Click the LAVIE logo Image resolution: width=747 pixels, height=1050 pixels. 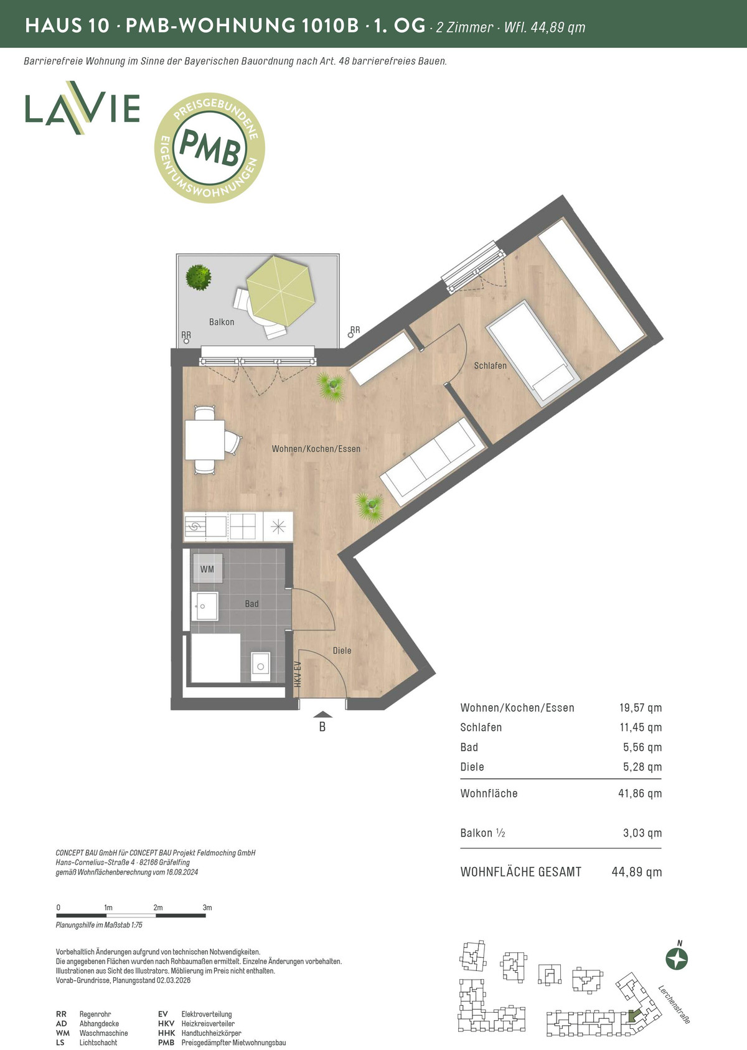pos(83,108)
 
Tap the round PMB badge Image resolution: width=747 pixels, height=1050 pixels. pos(210,148)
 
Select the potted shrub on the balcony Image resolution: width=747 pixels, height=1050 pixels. pos(198,277)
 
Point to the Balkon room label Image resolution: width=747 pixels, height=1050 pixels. pos(222,322)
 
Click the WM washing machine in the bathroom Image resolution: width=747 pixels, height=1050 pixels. pos(207,569)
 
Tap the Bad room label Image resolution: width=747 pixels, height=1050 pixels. pos(251,604)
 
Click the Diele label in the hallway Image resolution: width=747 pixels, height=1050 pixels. pos(342,650)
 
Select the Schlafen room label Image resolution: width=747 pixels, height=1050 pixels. pos(490,365)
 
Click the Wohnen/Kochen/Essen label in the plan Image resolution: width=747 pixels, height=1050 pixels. pos(316,449)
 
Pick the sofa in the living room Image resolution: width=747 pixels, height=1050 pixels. pos(432,462)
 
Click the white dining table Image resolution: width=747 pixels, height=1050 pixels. pos(205,440)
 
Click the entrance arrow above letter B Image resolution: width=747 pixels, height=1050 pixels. pos(322,715)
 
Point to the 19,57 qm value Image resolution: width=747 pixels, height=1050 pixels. pos(640,707)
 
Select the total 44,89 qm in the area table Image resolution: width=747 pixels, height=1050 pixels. pos(636,872)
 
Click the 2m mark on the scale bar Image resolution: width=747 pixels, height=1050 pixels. pos(158,907)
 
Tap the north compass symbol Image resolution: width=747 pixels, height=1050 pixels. pos(677,959)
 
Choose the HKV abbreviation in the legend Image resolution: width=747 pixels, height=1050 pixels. pos(166,1024)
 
